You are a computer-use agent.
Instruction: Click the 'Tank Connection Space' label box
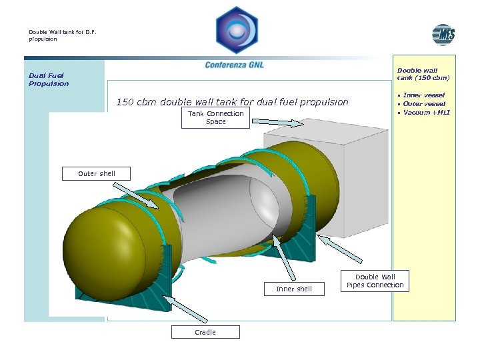click(215, 118)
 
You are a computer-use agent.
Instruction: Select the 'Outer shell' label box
click(97, 174)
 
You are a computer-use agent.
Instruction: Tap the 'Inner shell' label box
click(294, 289)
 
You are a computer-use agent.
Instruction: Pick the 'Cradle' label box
click(205, 332)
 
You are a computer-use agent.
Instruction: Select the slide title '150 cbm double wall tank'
click(232, 102)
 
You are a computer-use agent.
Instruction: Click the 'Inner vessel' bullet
click(424, 95)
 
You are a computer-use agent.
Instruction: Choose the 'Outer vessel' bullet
click(424, 103)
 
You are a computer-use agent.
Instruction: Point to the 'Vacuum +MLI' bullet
click(427, 112)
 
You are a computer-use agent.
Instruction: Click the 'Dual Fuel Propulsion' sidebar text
click(49, 79)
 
